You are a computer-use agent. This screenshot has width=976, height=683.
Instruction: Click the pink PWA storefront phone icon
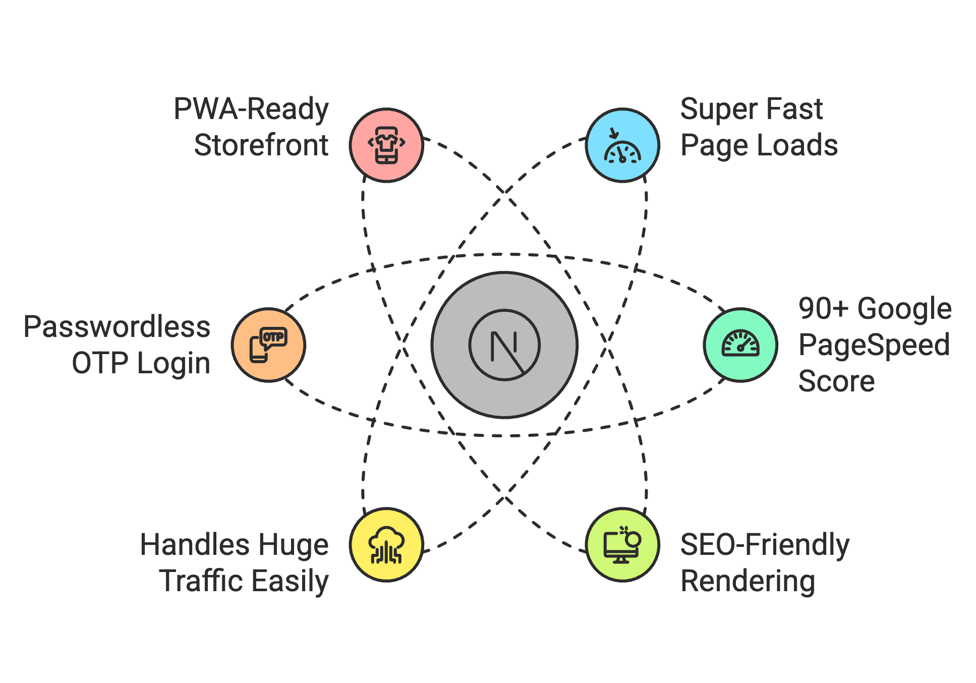point(386,145)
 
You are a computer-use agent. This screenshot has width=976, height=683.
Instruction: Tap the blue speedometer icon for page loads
point(622,145)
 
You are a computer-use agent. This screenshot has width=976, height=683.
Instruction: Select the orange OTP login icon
point(268,345)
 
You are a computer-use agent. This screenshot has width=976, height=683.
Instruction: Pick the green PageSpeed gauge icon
point(740,345)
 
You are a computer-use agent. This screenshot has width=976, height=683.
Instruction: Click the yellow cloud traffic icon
point(386,545)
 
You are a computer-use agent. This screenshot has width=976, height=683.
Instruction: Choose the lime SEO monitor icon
point(622,545)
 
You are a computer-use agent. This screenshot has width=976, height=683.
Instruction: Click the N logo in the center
point(504,345)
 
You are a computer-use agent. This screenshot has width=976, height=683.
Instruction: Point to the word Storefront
point(261,145)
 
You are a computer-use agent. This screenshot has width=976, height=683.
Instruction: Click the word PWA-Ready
point(251,109)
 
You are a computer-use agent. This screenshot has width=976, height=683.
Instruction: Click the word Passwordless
point(117,327)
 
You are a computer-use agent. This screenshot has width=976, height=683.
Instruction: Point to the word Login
point(174,364)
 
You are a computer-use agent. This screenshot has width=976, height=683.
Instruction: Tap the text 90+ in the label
point(824,309)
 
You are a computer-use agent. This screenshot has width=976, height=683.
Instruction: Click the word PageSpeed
point(874,346)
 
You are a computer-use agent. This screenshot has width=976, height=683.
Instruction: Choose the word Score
point(836,381)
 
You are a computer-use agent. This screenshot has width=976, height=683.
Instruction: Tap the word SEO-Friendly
point(765,546)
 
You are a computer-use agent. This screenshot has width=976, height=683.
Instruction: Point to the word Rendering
point(748,582)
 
